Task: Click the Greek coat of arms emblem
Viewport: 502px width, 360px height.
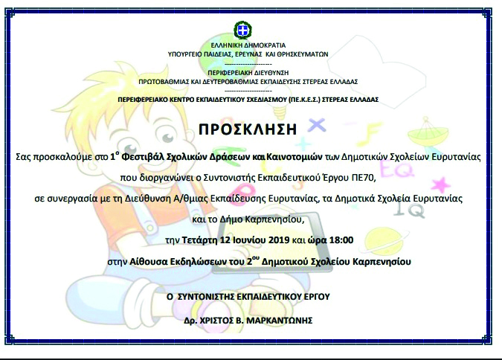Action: (x=243, y=30)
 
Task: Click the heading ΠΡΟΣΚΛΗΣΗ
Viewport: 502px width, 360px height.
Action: (x=248, y=129)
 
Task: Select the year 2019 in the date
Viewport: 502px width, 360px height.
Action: (x=279, y=240)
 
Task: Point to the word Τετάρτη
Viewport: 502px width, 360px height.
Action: (x=199, y=240)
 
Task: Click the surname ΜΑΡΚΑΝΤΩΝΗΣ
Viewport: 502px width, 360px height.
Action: (x=279, y=321)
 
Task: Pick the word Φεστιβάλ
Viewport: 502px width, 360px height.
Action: (x=144, y=157)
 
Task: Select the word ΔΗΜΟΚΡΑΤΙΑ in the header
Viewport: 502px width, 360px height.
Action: (x=267, y=45)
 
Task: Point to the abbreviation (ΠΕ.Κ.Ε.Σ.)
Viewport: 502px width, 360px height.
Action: (x=304, y=100)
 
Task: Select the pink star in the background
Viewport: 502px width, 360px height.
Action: (x=440, y=184)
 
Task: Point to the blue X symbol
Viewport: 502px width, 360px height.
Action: (x=317, y=125)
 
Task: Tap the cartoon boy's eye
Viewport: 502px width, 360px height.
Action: (x=167, y=138)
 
